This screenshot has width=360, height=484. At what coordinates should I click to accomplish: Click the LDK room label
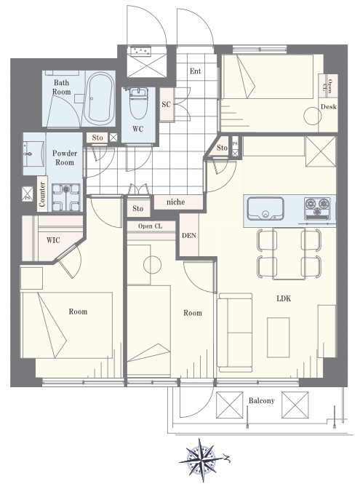coord(284,298)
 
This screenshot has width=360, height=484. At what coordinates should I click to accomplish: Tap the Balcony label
coord(262,400)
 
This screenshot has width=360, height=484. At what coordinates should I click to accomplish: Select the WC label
coord(138,129)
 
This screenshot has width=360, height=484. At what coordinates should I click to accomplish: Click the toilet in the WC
coord(138,103)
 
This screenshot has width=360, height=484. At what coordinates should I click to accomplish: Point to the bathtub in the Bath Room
coord(100,98)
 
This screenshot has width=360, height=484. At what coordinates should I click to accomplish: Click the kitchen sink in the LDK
coord(265,209)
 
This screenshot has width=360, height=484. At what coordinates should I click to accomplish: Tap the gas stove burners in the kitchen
coord(317,207)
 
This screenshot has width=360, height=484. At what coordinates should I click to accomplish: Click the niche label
coord(175,202)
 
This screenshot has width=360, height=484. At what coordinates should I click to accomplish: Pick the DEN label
coord(189,236)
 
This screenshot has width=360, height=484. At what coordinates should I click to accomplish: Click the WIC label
coord(53,240)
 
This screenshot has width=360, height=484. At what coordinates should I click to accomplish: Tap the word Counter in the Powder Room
coord(42,194)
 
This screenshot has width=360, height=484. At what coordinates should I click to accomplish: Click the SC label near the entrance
coord(167,104)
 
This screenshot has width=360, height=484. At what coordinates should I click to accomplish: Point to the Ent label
coord(195,71)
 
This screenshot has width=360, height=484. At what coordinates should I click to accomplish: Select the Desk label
coord(329,107)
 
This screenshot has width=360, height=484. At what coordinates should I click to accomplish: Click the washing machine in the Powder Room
coord(65,197)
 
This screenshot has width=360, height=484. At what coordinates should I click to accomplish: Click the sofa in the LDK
coord(235,333)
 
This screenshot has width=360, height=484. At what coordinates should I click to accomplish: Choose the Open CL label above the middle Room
coord(150,226)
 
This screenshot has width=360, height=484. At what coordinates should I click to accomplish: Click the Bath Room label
coord(61,87)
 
